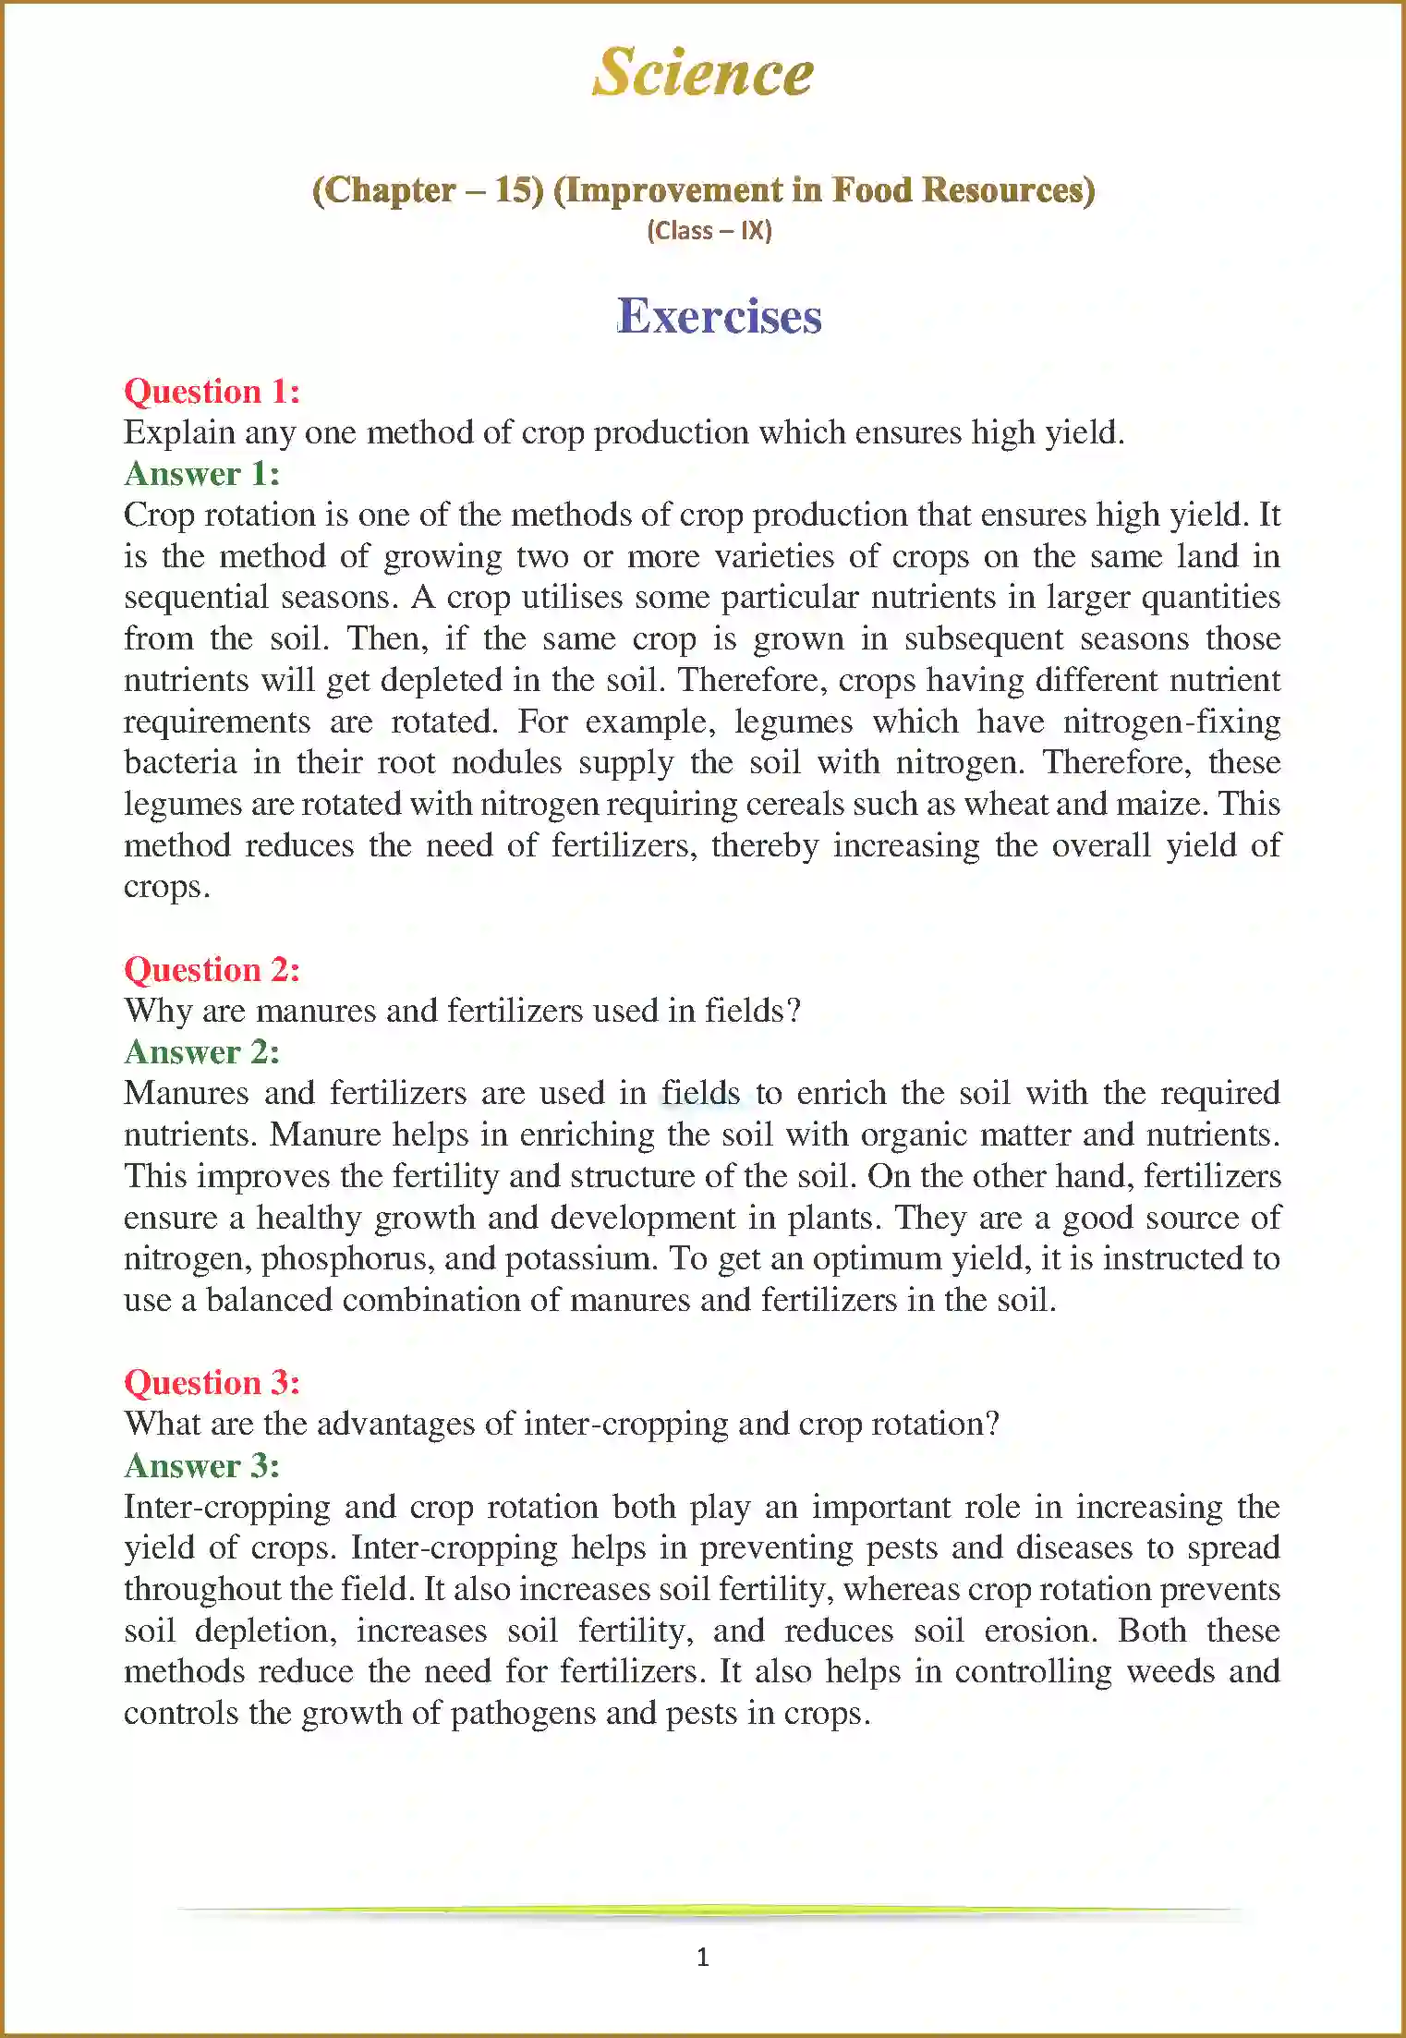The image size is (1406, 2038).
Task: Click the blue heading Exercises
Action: (x=719, y=316)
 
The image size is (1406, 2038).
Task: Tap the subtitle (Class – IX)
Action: (x=709, y=230)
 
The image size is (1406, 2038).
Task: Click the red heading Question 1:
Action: (x=212, y=391)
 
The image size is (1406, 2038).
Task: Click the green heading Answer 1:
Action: (x=201, y=473)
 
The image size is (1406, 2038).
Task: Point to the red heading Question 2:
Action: (x=212, y=969)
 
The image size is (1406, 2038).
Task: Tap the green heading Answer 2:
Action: (x=201, y=1051)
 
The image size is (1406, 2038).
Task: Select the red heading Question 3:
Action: (x=212, y=1382)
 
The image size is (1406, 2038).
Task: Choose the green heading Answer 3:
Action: (x=201, y=1465)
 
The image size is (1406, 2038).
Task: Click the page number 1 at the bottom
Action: (x=703, y=1957)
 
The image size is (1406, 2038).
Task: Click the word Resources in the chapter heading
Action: (x=1009, y=189)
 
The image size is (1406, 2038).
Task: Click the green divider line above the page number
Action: (x=703, y=1910)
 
